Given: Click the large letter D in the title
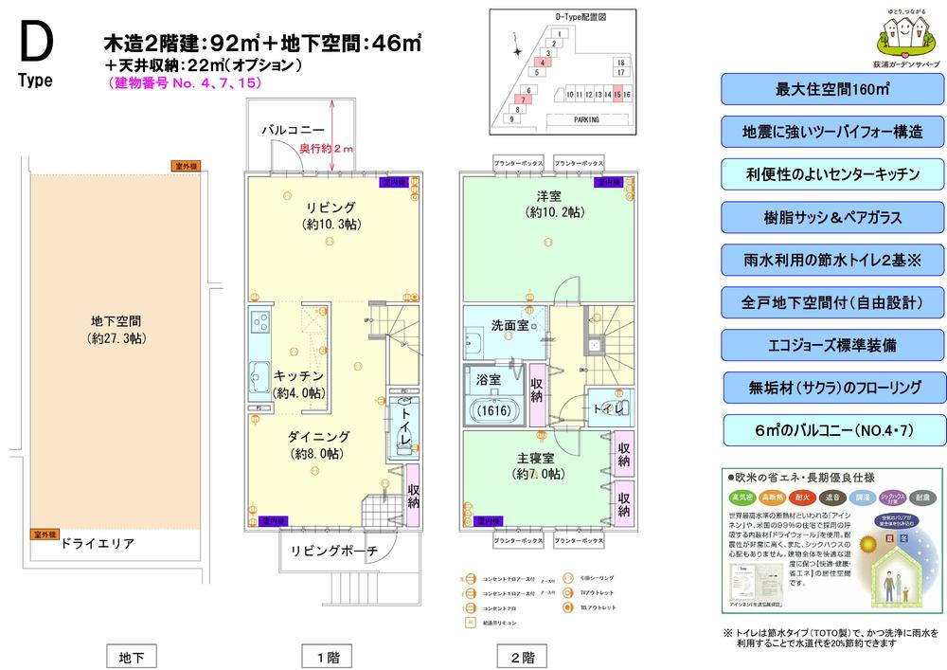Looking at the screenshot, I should [35, 43].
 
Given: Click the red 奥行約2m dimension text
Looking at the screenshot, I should [326, 149].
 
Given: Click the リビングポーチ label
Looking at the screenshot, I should [334, 551].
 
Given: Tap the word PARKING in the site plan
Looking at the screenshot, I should [593, 120].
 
